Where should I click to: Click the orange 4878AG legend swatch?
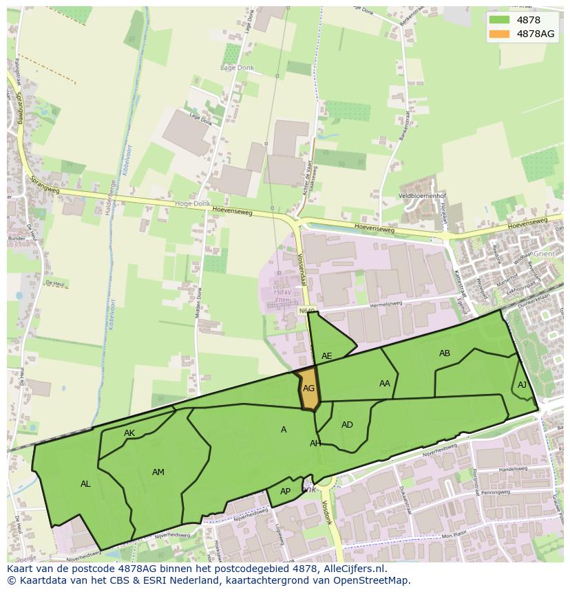pos(500,34)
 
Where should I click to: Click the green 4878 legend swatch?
pos(500,20)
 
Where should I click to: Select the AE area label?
pos(327,356)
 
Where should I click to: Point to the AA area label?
pos(385,384)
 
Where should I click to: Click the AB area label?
pos(445,353)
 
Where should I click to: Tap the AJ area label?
pos(522,385)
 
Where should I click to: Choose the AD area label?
pos(347,425)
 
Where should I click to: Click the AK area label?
pos(129,433)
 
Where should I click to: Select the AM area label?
pos(158,472)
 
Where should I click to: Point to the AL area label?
pos(85,484)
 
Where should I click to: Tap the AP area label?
pos(286,492)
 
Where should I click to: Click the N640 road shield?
pos(306,312)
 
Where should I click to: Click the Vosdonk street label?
pos(326,512)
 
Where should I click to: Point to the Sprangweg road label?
pos(45,183)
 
